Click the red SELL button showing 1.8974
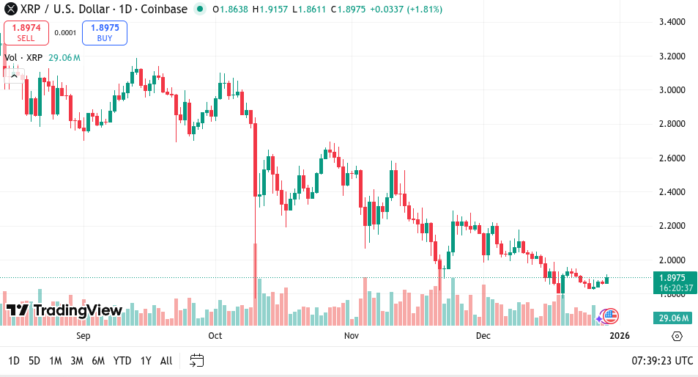click(26, 32)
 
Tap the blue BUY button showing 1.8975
click(105, 32)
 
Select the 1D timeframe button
click(14, 360)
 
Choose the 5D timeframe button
click(34, 360)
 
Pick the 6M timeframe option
click(98, 360)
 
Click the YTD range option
click(122, 360)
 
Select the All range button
click(166, 360)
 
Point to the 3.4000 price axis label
click(672, 22)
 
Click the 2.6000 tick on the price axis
click(672, 158)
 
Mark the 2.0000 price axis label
click(672, 260)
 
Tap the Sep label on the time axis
click(83, 336)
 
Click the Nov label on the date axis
click(351, 336)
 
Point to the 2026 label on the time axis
click(619, 336)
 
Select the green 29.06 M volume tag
click(672, 318)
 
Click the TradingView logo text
click(78, 310)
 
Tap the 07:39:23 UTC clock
click(662, 360)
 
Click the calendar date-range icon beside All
click(196, 360)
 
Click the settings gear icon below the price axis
click(677, 336)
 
